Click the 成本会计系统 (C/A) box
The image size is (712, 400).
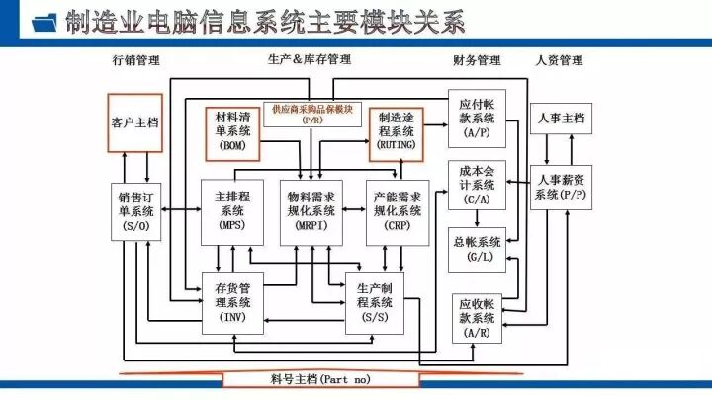478,184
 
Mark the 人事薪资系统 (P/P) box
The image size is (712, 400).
560,186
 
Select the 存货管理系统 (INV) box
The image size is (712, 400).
233,302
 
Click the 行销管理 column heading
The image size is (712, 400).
135,61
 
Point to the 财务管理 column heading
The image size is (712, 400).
477,61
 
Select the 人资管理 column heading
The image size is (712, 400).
559,61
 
